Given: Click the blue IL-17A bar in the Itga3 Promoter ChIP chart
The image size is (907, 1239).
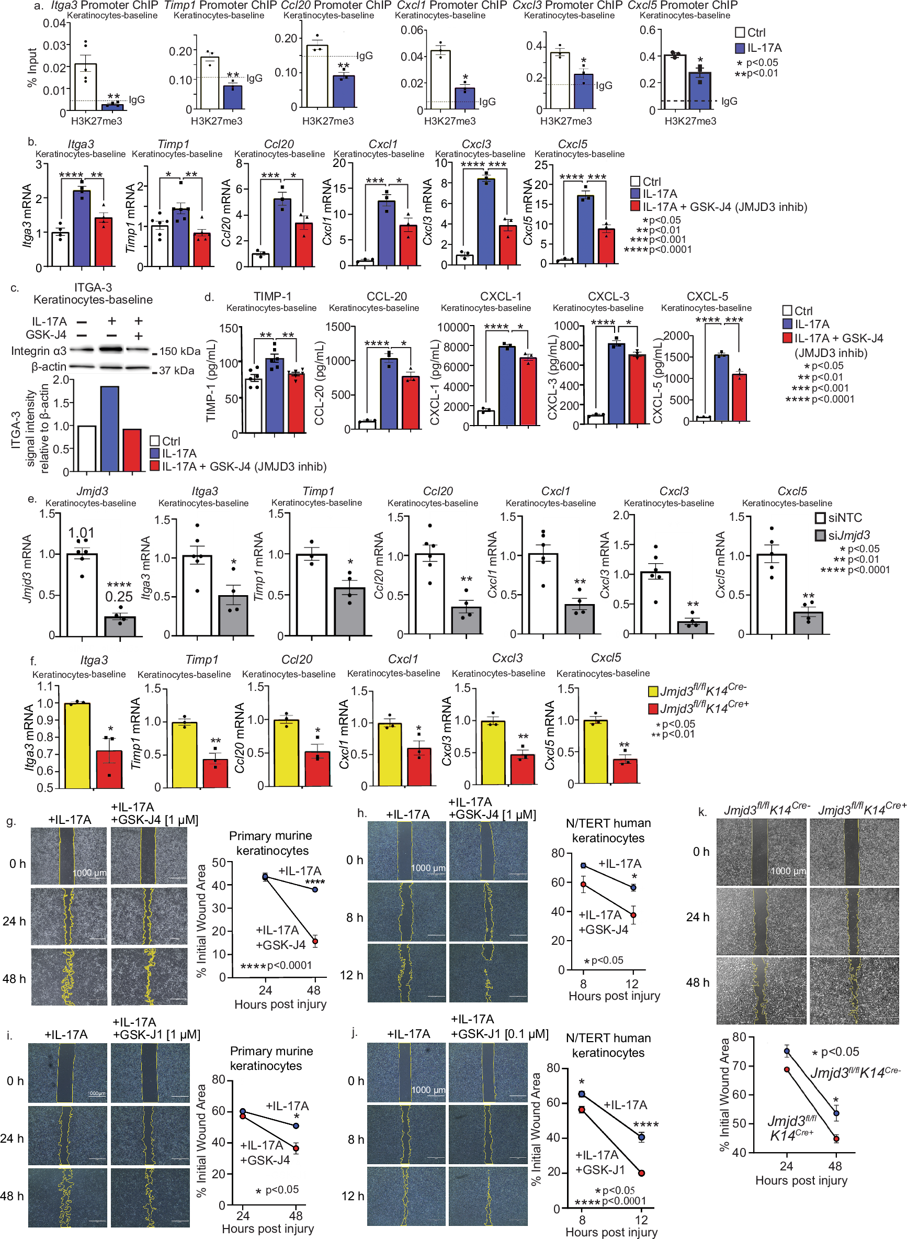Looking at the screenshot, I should pyautogui.click(x=112, y=107).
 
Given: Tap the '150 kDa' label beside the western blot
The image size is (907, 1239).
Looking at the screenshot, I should pyautogui.click(x=180, y=351).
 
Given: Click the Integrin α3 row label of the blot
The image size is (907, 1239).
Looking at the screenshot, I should pyautogui.click(x=38, y=351).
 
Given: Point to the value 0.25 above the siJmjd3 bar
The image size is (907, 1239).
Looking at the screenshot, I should pyautogui.click(x=119, y=596).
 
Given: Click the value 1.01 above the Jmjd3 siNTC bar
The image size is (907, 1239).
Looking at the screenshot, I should pyautogui.click(x=81, y=532).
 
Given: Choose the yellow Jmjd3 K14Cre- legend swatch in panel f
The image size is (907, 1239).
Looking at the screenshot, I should pyautogui.click(x=653, y=691).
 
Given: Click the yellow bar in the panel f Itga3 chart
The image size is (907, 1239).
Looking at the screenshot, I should pyautogui.click(x=77, y=744).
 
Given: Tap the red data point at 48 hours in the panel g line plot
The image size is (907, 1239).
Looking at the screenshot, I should pyautogui.click(x=315, y=941).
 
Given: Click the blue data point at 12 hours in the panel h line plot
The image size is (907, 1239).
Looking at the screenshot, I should pyautogui.click(x=633, y=887).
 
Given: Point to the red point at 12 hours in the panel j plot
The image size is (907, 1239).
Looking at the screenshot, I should pyautogui.click(x=641, y=1173).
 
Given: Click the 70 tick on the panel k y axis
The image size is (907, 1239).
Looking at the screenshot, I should pyautogui.click(x=739, y=1066).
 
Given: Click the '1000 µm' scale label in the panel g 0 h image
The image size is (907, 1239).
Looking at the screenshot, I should pyautogui.click(x=89, y=873).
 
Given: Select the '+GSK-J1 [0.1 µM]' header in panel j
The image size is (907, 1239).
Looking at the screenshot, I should pyautogui.click(x=499, y=1033).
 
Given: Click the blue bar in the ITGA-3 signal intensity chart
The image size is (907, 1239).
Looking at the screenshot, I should pyautogui.click(x=109, y=429).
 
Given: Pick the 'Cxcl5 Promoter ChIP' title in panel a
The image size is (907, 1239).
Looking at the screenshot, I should pyautogui.click(x=683, y=5).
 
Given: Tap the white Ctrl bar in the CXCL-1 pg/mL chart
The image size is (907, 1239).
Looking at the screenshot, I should pyautogui.click(x=485, y=418).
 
